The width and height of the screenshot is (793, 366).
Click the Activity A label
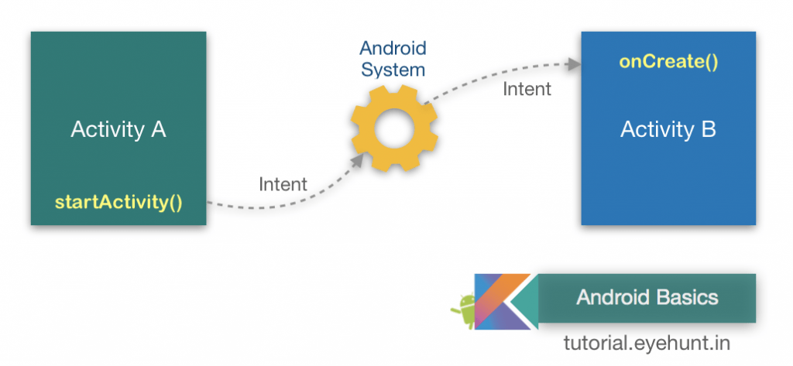click(x=118, y=129)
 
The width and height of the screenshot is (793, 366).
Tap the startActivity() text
click(x=118, y=204)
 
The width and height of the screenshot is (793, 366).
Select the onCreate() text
click(x=668, y=61)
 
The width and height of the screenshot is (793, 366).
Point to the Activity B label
click(x=668, y=129)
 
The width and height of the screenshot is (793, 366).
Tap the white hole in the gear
click(x=393, y=129)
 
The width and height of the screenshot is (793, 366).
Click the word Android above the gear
click(x=392, y=49)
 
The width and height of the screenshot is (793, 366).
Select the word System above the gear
click(x=393, y=70)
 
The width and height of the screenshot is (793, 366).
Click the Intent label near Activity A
click(x=283, y=184)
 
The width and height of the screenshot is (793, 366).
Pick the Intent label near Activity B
click(x=527, y=89)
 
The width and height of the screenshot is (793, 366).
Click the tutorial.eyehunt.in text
click(x=647, y=341)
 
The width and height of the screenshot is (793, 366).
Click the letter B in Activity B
click(x=709, y=129)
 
